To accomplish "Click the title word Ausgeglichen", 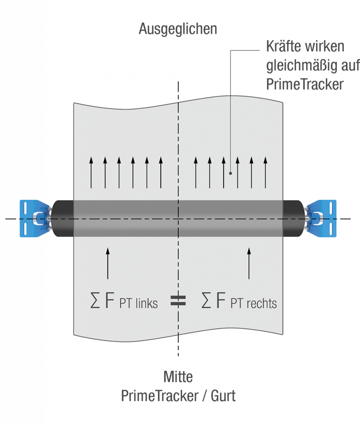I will [x=178, y=29].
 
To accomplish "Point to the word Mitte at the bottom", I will [x=178, y=377].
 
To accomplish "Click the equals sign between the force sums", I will [x=179, y=301].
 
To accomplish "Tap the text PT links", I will [x=139, y=304].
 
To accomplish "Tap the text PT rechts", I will [x=254, y=304].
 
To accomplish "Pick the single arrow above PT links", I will [x=108, y=263].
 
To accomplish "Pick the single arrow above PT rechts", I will [x=249, y=263].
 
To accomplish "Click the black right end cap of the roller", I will [x=294, y=218].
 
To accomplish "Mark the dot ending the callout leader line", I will [x=230, y=173].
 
